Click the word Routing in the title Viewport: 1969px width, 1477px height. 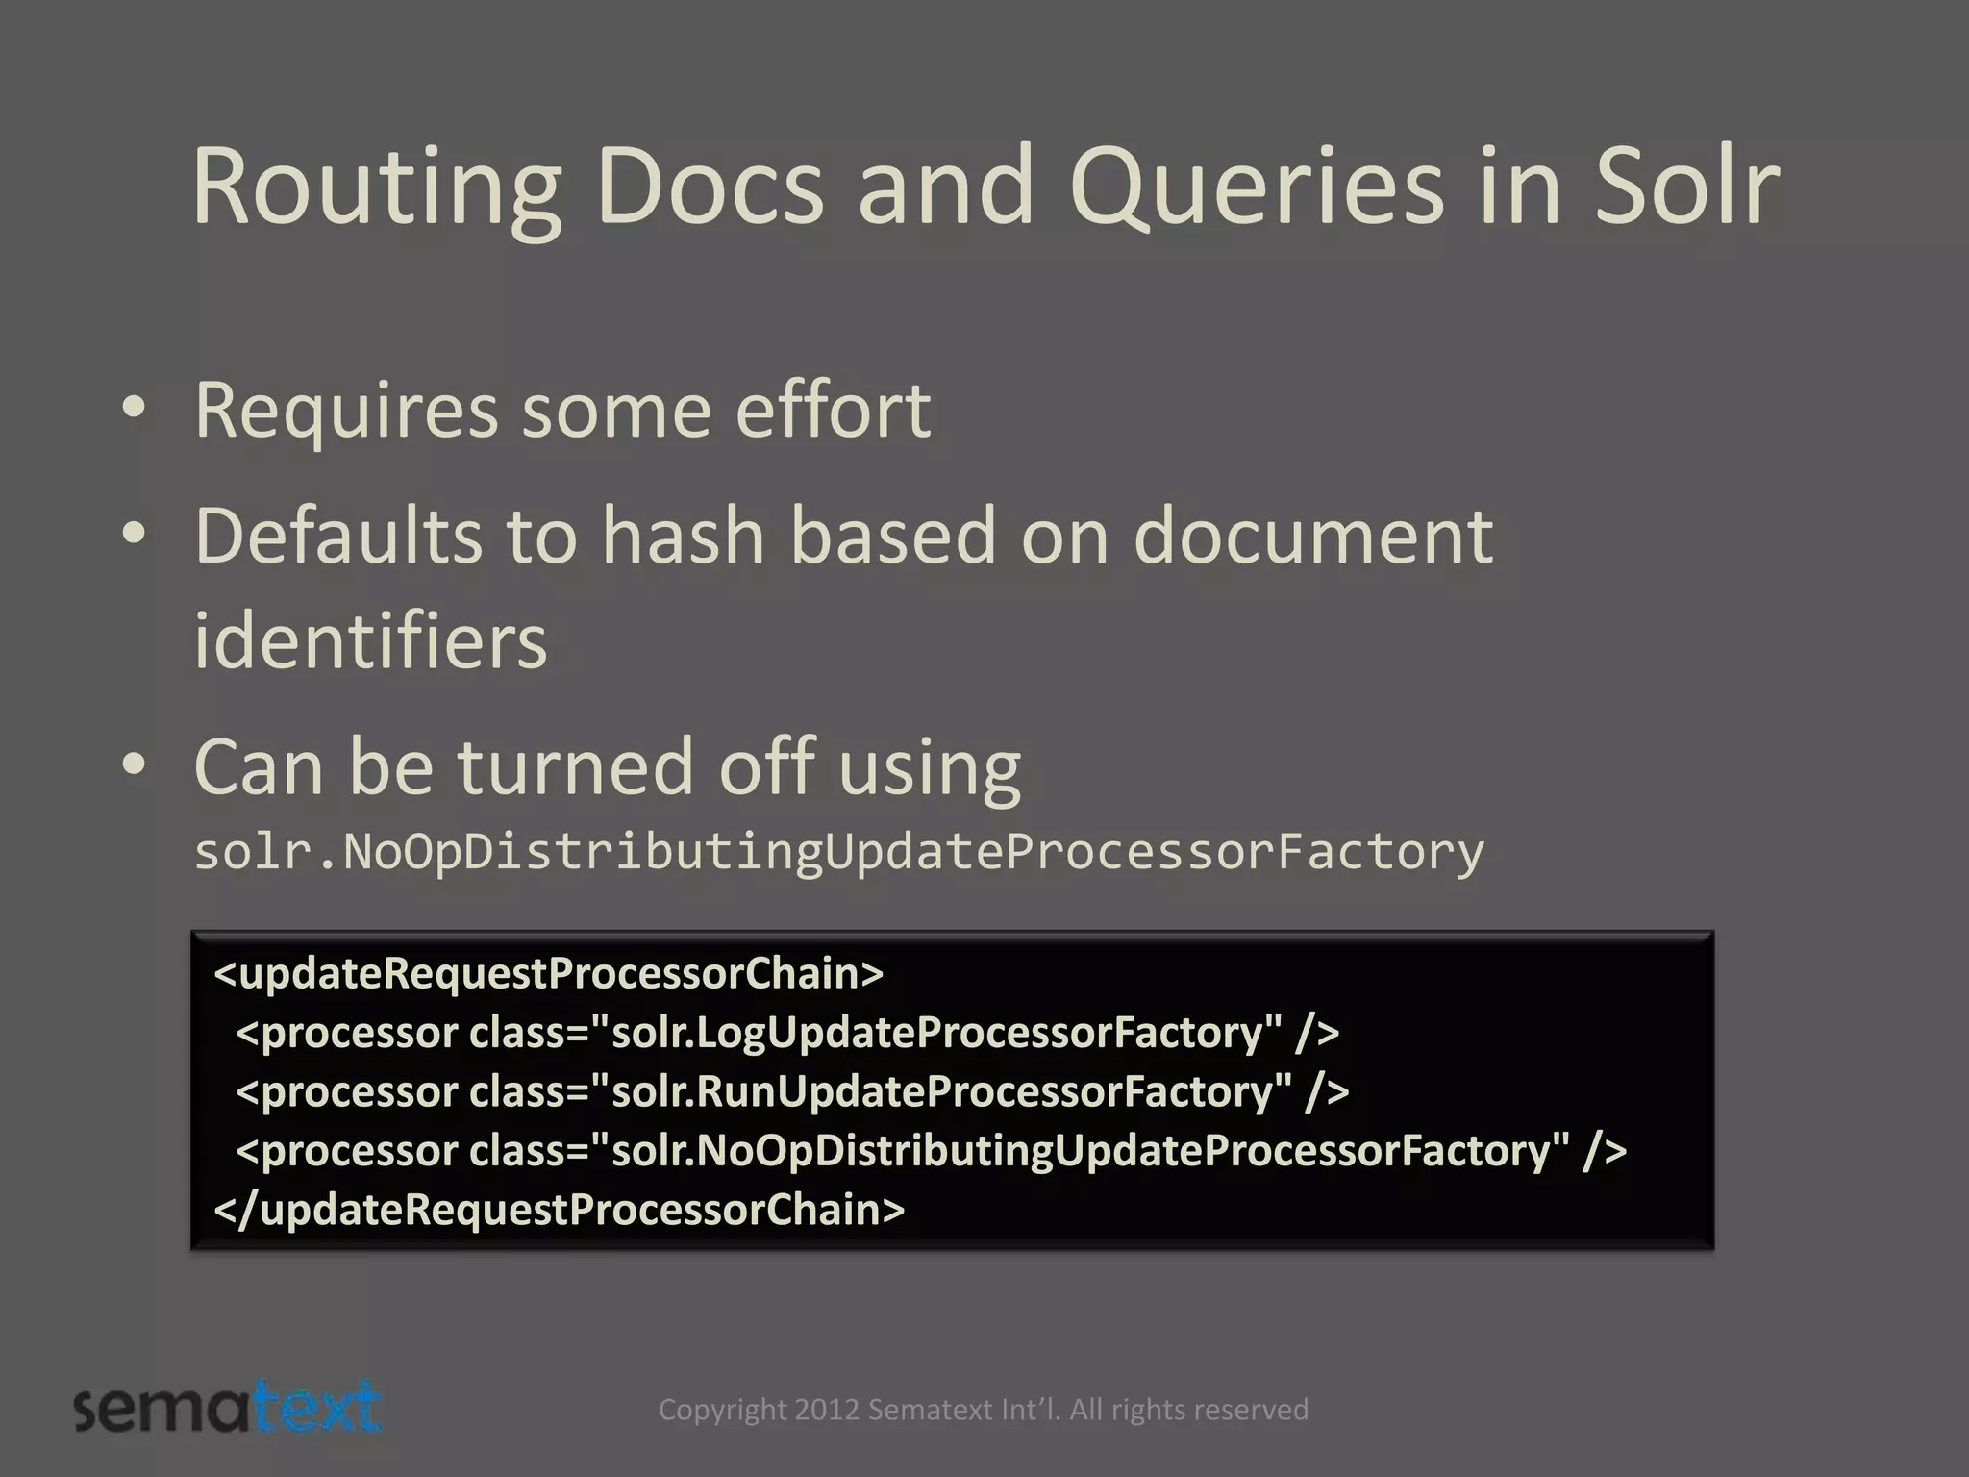pos(375,188)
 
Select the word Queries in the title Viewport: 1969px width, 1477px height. pos(1256,188)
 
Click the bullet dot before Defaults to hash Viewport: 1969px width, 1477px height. pos(135,535)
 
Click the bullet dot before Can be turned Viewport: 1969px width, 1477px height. pos(135,765)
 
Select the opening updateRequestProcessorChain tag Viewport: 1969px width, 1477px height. pos(548,973)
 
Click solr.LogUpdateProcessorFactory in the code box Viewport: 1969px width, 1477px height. pos(946,1033)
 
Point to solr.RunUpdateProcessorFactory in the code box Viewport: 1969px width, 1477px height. pos(951,1091)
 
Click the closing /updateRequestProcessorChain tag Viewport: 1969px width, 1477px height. pos(559,1210)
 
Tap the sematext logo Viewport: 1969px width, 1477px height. pos(228,1410)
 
